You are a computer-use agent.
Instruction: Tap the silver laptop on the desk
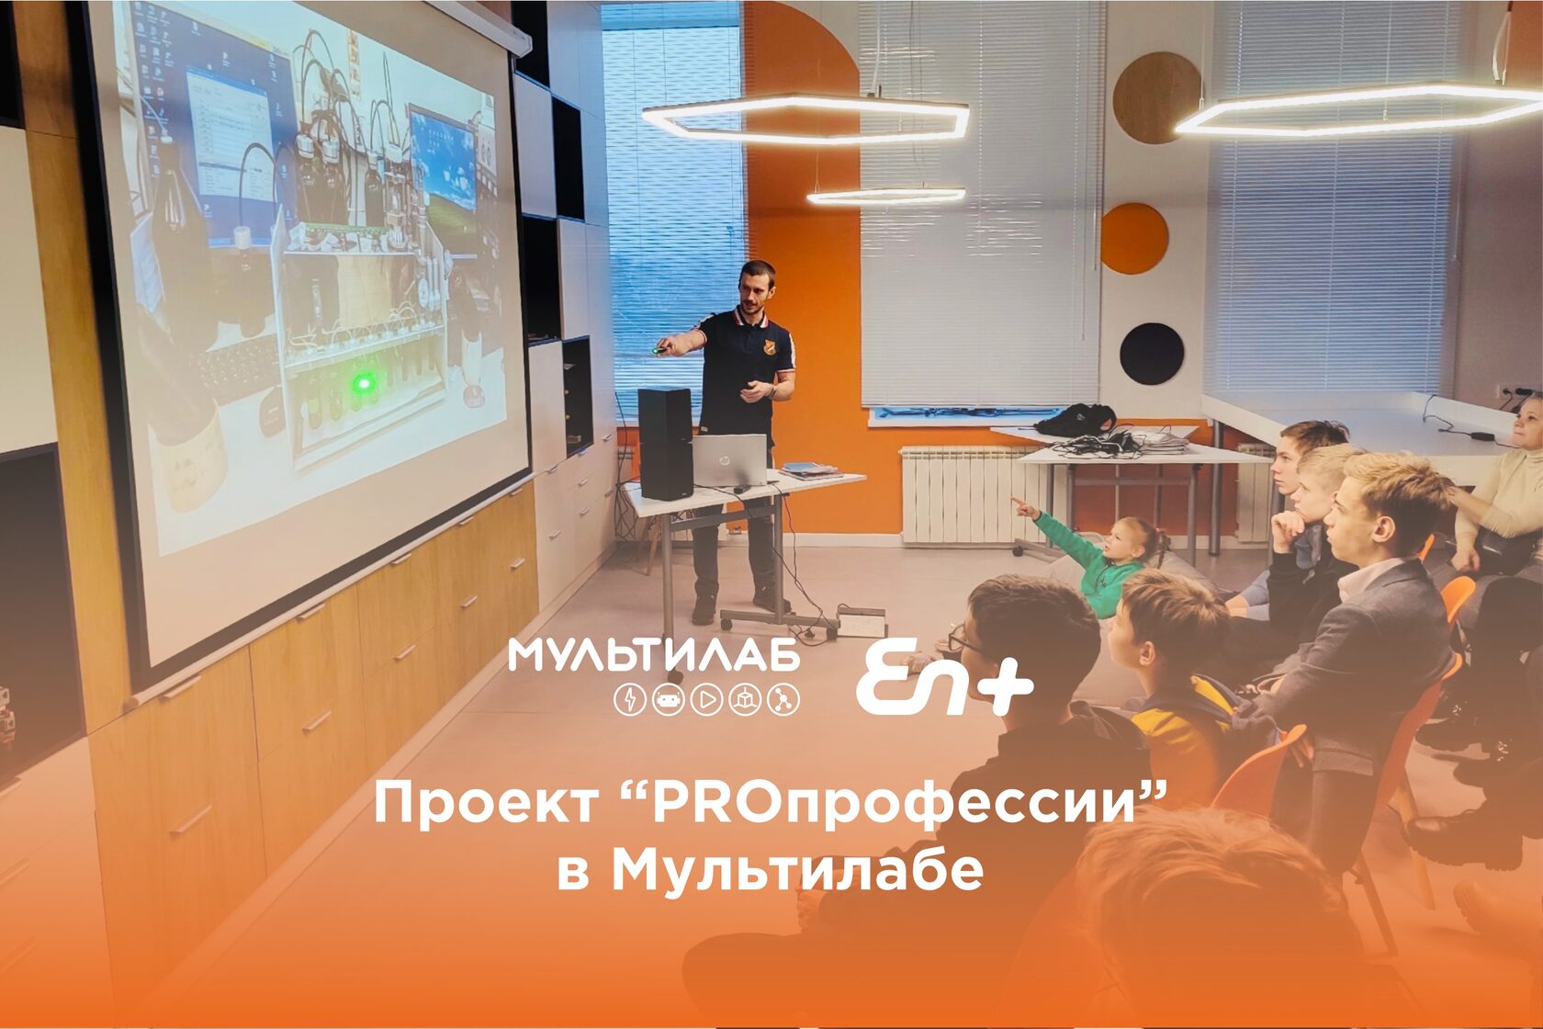pyautogui.click(x=729, y=460)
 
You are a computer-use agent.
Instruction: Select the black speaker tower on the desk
pyautogui.click(x=665, y=443)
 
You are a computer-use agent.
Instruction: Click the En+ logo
pyautogui.click(x=944, y=679)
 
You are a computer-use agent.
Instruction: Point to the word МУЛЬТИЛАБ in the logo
pyautogui.click(x=654, y=655)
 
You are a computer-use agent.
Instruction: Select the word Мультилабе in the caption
pyautogui.click(x=797, y=871)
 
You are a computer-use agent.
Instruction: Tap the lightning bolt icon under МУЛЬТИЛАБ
pyautogui.click(x=630, y=700)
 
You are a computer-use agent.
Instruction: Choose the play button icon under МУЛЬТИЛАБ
pyautogui.click(x=707, y=700)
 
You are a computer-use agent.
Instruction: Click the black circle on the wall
pyautogui.click(x=1151, y=354)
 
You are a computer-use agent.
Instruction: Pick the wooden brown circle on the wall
pyautogui.click(x=1156, y=97)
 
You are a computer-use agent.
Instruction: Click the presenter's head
pyautogui.click(x=757, y=288)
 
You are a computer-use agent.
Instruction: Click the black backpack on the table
pyautogui.click(x=1076, y=420)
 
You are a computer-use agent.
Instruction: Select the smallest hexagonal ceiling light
pyautogui.click(x=885, y=196)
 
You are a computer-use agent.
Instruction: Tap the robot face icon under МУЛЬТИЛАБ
pyautogui.click(x=669, y=700)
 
